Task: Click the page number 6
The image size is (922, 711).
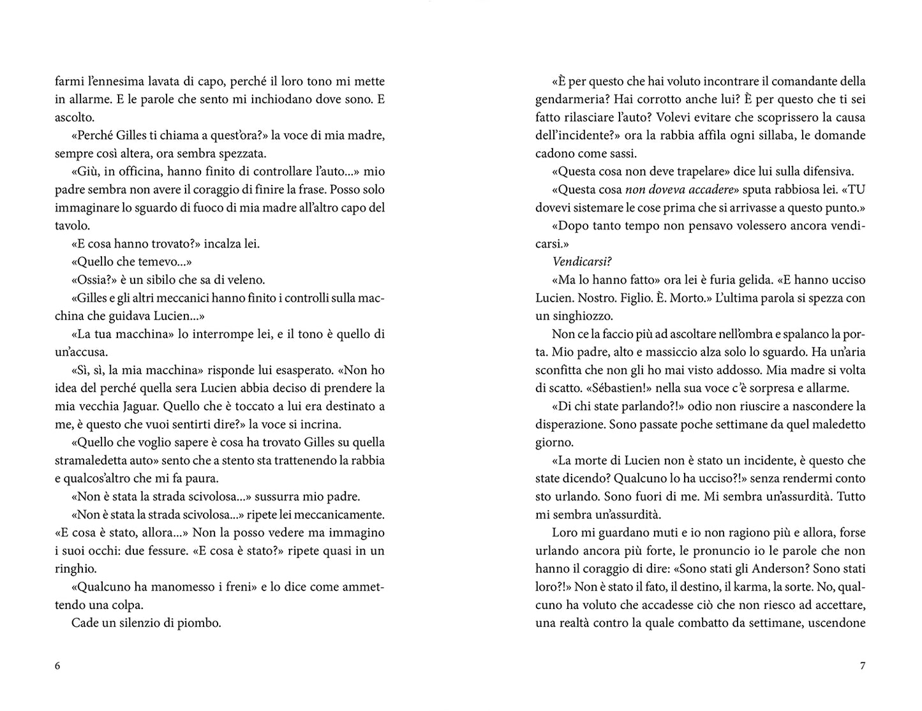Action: [58, 666]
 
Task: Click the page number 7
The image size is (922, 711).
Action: [863, 666]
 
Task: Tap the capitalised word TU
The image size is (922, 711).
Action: [857, 189]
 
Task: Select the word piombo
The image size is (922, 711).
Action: [200, 623]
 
